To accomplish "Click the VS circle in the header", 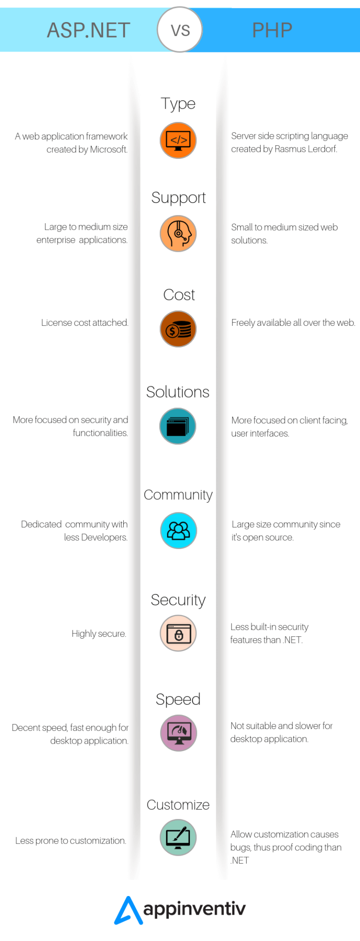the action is coord(180,30).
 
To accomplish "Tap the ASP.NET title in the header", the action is coord(89,30).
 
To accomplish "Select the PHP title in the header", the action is coord(272,30).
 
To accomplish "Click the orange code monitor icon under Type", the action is coord(178,140).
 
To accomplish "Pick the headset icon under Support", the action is coord(178,233).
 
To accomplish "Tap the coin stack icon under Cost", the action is coord(178,329).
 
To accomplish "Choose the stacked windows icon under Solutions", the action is coord(178,426).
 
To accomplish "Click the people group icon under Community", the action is coord(178,530).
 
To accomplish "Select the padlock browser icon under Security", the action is coord(178,633).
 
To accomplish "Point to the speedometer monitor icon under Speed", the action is coord(179,733).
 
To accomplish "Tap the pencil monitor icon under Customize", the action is coord(178,837).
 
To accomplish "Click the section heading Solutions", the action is coord(178,392).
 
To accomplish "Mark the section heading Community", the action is coord(178,495).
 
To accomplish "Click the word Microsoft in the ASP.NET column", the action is coord(108,150).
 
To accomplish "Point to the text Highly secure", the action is coord(99,634).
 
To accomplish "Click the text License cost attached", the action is coord(85,323).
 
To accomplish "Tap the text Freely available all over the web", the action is coord(293,323).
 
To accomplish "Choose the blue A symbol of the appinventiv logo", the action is coord(128,911).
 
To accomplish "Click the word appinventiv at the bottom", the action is coord(195,910).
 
